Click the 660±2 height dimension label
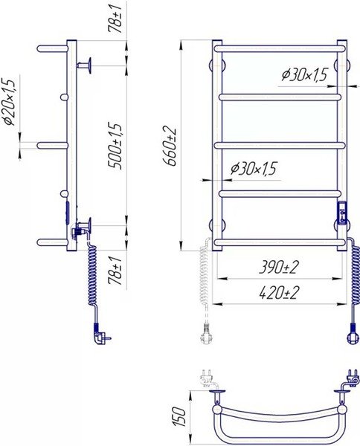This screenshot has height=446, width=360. pyautogui.click(x=170, y=146)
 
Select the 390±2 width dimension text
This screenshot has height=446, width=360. pyautogui.click(x=279, y=267)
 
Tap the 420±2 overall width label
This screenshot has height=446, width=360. pyautogui.click(x=279, y=293)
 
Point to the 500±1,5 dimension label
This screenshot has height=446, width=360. pyautogui.click(x=115, y=146)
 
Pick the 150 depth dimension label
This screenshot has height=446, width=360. pyautogui.click(x=179, y=417)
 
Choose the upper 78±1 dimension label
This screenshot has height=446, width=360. pyautogui.click(x=115, y=19)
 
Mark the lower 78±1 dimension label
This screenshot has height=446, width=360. pyautogui.click(x=115, y=270)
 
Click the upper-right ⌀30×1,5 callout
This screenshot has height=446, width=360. pyautogui.click(x=305, y=75)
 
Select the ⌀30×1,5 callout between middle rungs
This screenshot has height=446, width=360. pyautogui.click(x=254, y=169)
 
